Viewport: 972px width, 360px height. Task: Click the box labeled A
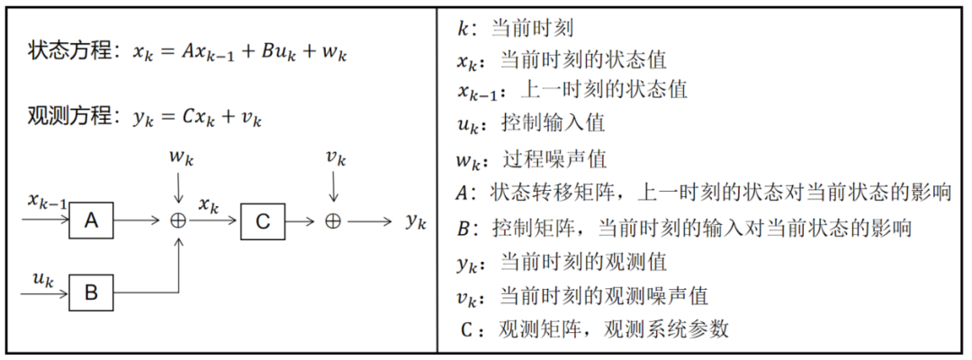(91, 220)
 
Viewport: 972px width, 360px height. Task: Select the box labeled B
(91, 292)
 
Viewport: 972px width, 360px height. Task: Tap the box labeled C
(263, 220)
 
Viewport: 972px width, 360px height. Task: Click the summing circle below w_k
(179, 220)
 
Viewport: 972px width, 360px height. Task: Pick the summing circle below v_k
(333, 220)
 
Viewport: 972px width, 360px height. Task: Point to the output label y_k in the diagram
(415, 222)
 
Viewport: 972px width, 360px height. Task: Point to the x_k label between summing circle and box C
(209, 205)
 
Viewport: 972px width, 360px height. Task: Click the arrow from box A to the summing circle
(139, 220)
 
